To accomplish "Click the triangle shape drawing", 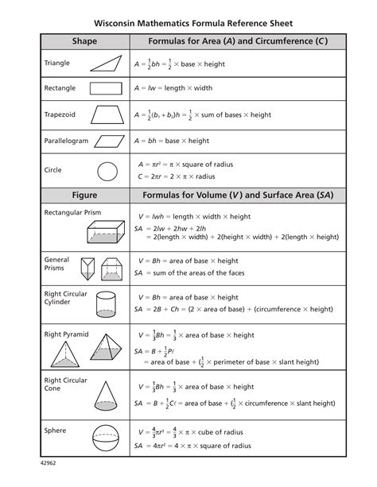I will (x=106, y=63).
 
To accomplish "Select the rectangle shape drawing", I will (x=106, y=88).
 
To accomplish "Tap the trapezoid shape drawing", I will (x=107, y=115).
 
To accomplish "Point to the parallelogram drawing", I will (x=106, y=141).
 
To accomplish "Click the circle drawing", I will (x=107, y=170).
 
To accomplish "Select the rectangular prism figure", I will (x=106, y=231).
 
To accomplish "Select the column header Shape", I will (x=84, y=40).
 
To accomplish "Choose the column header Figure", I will (x=84, y=195).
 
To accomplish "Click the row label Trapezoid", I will (x=60, y=115).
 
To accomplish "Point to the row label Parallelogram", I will (x=67, y=141).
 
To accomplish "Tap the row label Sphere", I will (x=56, y=430).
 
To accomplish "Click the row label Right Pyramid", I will (x=66, y=334).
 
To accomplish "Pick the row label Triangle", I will (x=57, y=63).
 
